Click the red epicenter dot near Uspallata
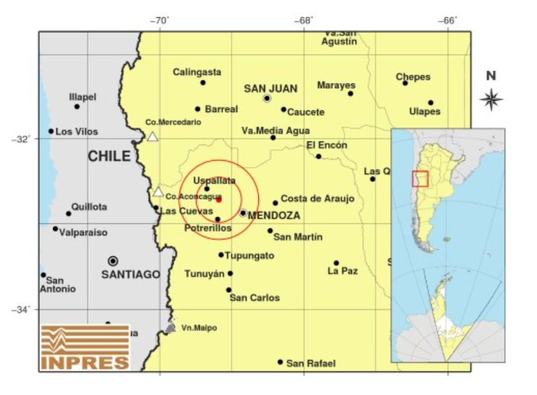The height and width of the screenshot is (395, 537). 219,200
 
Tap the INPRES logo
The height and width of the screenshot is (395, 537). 85,348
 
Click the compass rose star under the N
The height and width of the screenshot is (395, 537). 491,99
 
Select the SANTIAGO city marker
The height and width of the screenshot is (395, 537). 113,261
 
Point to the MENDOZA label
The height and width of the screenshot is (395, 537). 274,216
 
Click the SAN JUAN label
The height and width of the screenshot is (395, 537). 271,89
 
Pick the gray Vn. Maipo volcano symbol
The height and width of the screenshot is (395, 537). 170,328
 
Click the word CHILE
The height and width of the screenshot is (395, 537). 109,156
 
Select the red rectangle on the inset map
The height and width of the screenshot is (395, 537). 420,179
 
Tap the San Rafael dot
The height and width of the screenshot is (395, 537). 280,362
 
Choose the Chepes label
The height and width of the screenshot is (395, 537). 413,77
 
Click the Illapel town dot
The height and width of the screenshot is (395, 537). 77,107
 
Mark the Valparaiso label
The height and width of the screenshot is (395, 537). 83,232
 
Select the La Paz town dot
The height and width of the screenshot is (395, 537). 336,263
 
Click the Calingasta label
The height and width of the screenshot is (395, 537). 197,72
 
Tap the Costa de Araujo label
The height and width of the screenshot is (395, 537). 318,199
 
